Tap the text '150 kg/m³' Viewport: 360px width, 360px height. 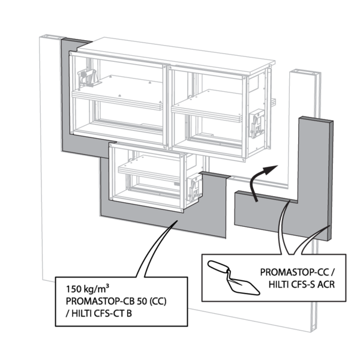pyautogui.click(x=84, y=287)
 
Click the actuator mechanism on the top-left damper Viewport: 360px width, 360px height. pyautogui.click(x=87, y=78)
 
